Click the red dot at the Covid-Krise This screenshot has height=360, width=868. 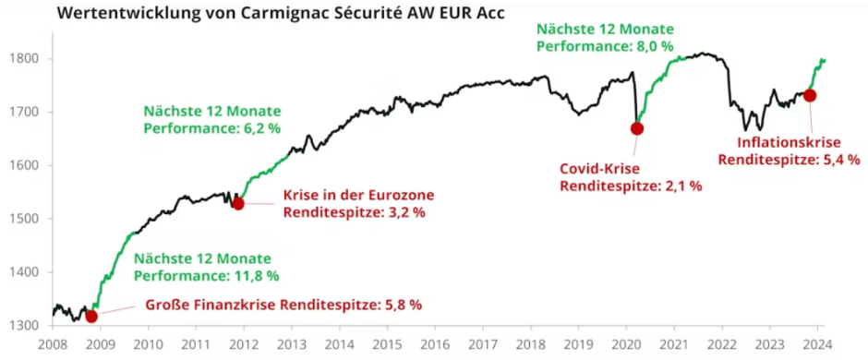click(x=636, y=128)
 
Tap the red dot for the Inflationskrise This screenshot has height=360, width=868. click(x=810, y=95)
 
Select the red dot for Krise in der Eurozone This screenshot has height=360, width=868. click(x=237, y=203)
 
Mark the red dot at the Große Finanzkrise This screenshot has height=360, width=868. click(x=90, y=317)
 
